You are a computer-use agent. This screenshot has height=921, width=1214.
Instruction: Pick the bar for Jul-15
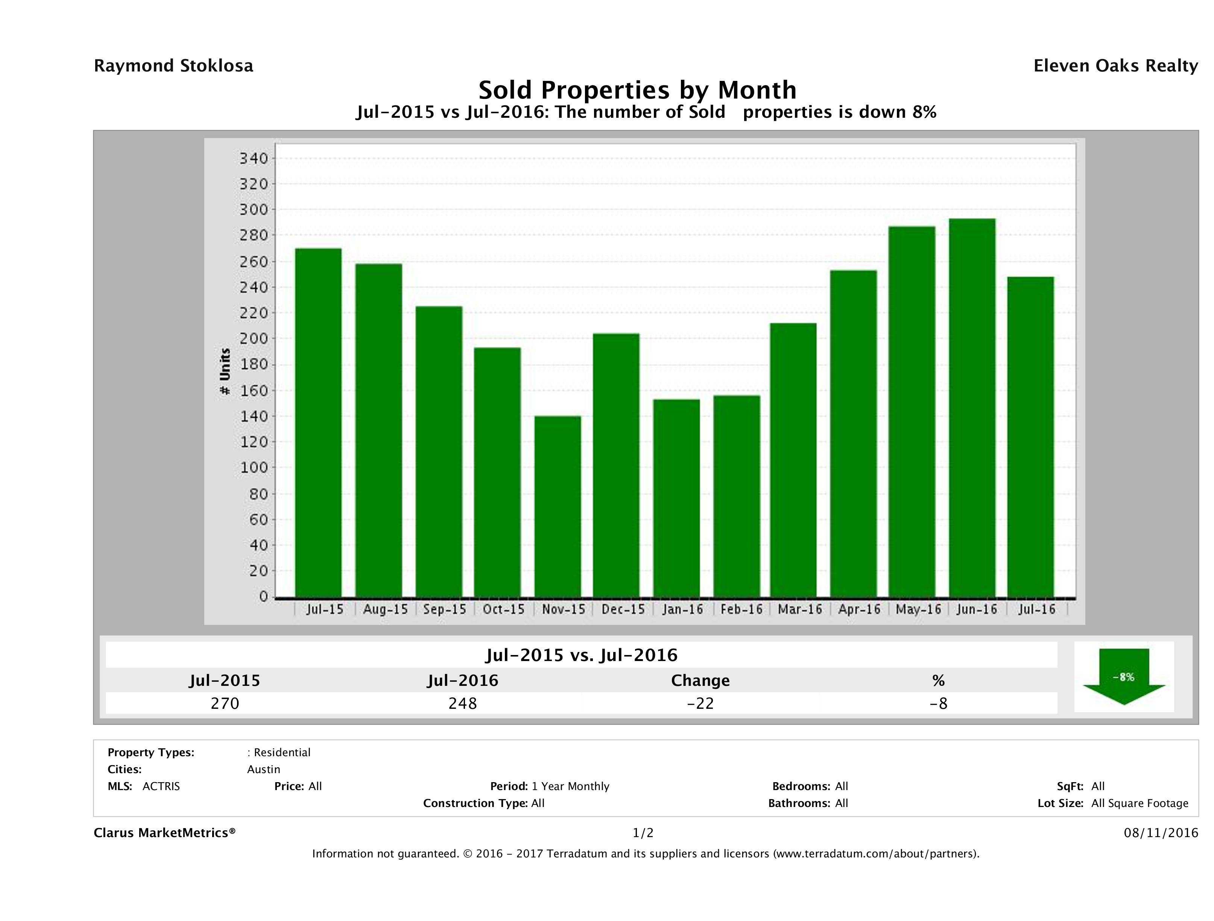318,423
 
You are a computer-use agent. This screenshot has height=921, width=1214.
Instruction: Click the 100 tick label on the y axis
253,468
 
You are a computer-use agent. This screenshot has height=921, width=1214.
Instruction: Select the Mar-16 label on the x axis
800,609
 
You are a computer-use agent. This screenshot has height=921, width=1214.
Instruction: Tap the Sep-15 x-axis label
445,609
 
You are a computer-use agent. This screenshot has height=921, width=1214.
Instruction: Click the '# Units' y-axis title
225,372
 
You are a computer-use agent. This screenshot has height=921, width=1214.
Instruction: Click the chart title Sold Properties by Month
637,90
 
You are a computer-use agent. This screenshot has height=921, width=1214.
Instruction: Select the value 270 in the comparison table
225,703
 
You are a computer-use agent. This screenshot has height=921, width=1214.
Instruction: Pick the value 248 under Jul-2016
463,703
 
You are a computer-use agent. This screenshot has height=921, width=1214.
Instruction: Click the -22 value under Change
700,703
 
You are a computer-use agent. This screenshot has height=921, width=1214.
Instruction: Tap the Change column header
700,681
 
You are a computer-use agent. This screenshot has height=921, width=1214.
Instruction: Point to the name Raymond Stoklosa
173,66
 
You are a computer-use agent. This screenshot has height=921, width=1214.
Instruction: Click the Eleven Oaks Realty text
1115,66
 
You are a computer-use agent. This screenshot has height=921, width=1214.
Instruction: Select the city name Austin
263,769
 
